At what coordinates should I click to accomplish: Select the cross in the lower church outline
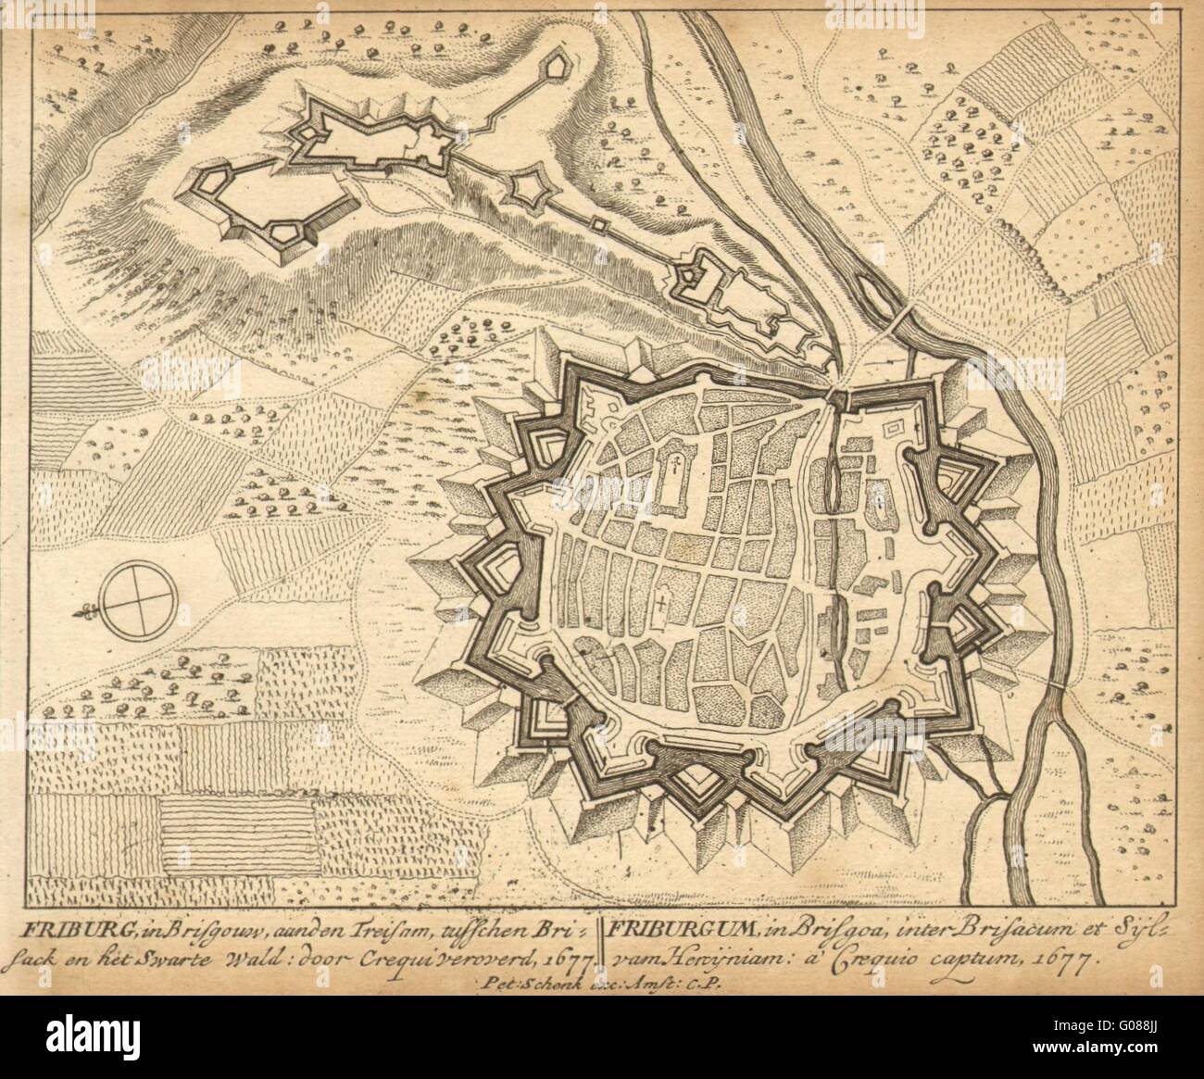[x=660, y=608]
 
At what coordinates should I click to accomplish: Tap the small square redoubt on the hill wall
[x=599, y=226]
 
